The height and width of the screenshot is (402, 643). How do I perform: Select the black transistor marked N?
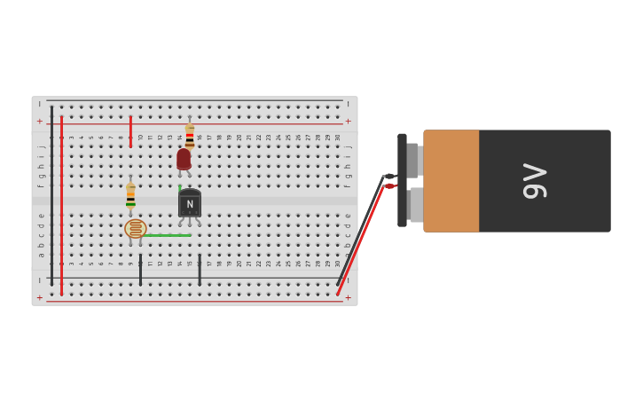(x=190, y=203)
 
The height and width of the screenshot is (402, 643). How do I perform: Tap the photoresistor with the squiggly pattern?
(x=135, y=229)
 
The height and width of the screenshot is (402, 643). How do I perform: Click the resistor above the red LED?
(x=190, y=136)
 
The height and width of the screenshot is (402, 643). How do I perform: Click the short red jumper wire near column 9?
(x=130, y=130)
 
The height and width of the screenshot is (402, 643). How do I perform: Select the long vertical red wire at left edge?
(x=61, y=204)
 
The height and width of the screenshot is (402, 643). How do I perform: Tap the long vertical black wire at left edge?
(x=51, y=195)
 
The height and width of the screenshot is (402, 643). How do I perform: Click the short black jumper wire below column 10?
(x=140, y=270)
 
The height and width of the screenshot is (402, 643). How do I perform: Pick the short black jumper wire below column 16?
(x=200, y=270)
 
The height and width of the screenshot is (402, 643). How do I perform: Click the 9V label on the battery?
(x=534, y=181)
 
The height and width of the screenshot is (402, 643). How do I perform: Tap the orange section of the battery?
(x=451, y=181)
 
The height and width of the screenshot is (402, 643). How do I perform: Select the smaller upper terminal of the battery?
(x=413, y=161)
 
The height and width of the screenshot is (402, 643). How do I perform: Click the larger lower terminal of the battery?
(x=416, y=205)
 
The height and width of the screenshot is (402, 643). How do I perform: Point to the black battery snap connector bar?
(x=402, y=180)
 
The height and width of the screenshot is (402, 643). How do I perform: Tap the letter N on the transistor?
(x=190, y=204)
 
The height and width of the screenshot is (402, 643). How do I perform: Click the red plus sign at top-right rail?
(x=348, y=122)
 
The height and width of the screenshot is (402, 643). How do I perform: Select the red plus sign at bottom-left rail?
(x=39, y=297)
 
